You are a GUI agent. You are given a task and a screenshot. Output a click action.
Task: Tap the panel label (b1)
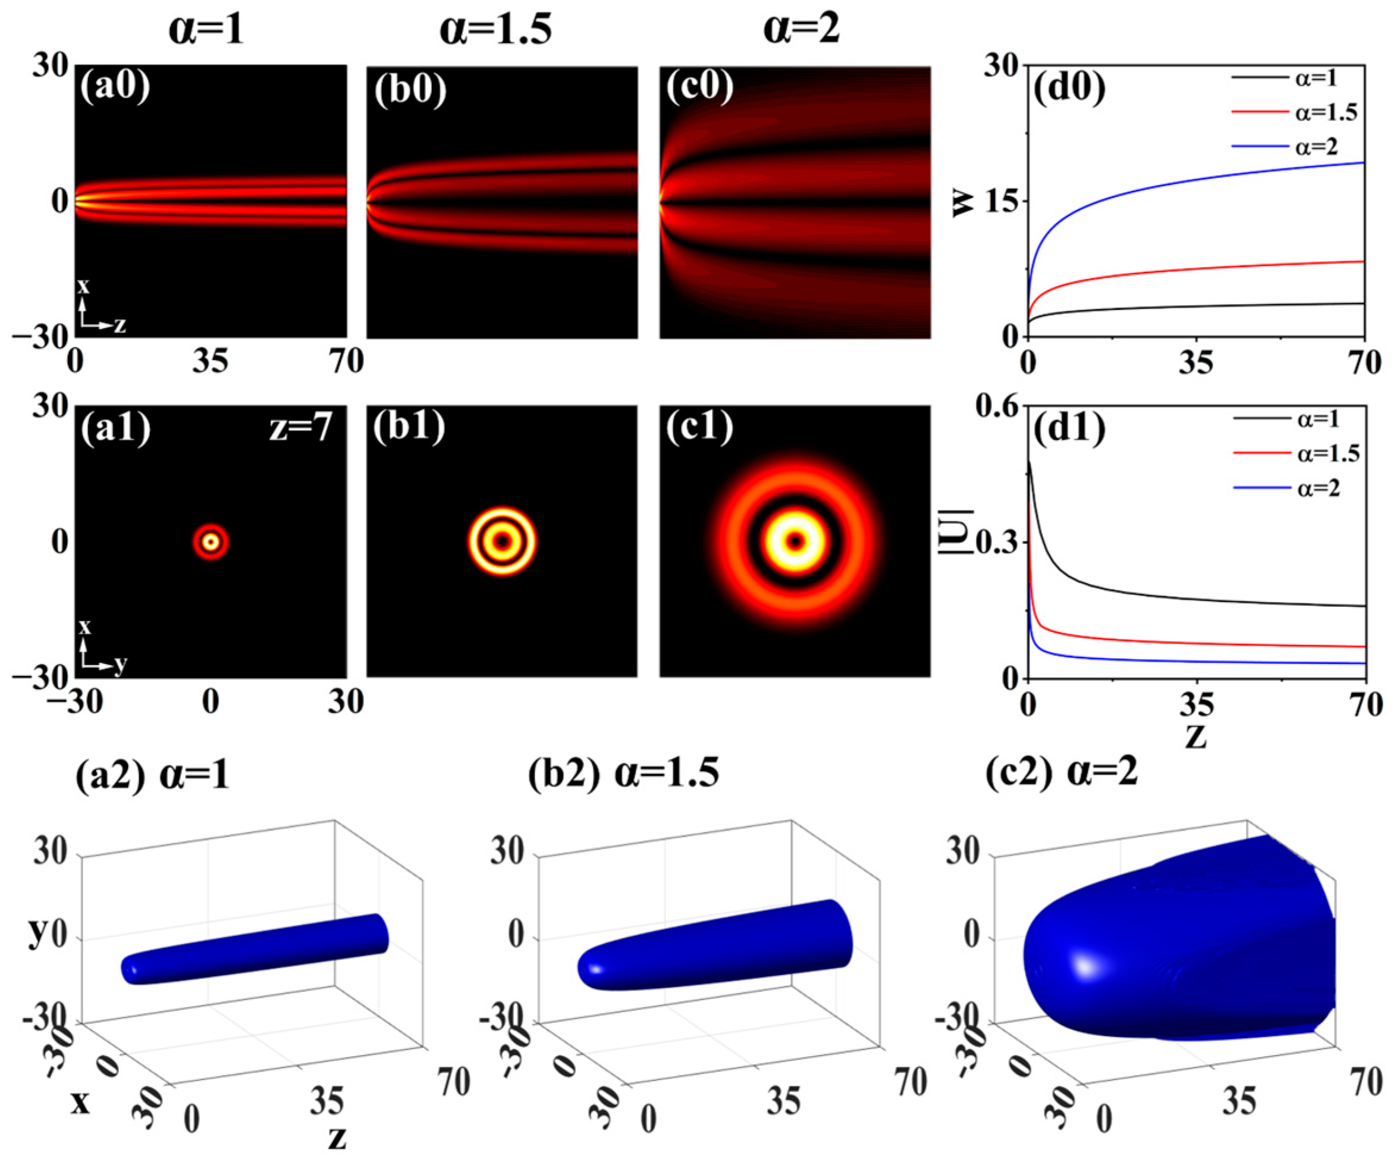(x=409, y=427)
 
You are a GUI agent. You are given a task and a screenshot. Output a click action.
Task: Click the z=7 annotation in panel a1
(x=301, y=427)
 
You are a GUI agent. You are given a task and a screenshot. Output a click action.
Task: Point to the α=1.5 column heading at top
(x=495, y=30)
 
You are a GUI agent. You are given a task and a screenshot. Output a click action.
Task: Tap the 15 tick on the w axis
(x=1000, y=202)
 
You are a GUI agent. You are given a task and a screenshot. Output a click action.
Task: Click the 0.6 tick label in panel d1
(x=998, y=407)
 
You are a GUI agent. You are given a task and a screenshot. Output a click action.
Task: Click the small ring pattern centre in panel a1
(x=211, y=542)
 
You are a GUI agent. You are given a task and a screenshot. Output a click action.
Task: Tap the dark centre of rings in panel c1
(x=795, y=541)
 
